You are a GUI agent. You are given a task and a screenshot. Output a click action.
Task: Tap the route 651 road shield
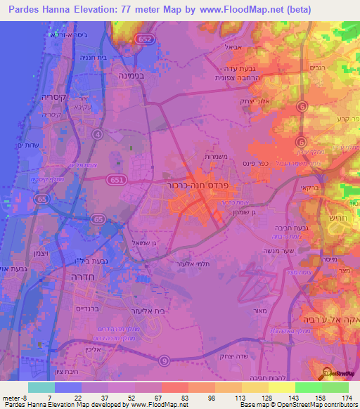click(x=118, y=181)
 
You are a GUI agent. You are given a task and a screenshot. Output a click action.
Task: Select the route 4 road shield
click(x=98, y=133)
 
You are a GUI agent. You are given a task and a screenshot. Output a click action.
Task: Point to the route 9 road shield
click(x=164, y=361)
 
